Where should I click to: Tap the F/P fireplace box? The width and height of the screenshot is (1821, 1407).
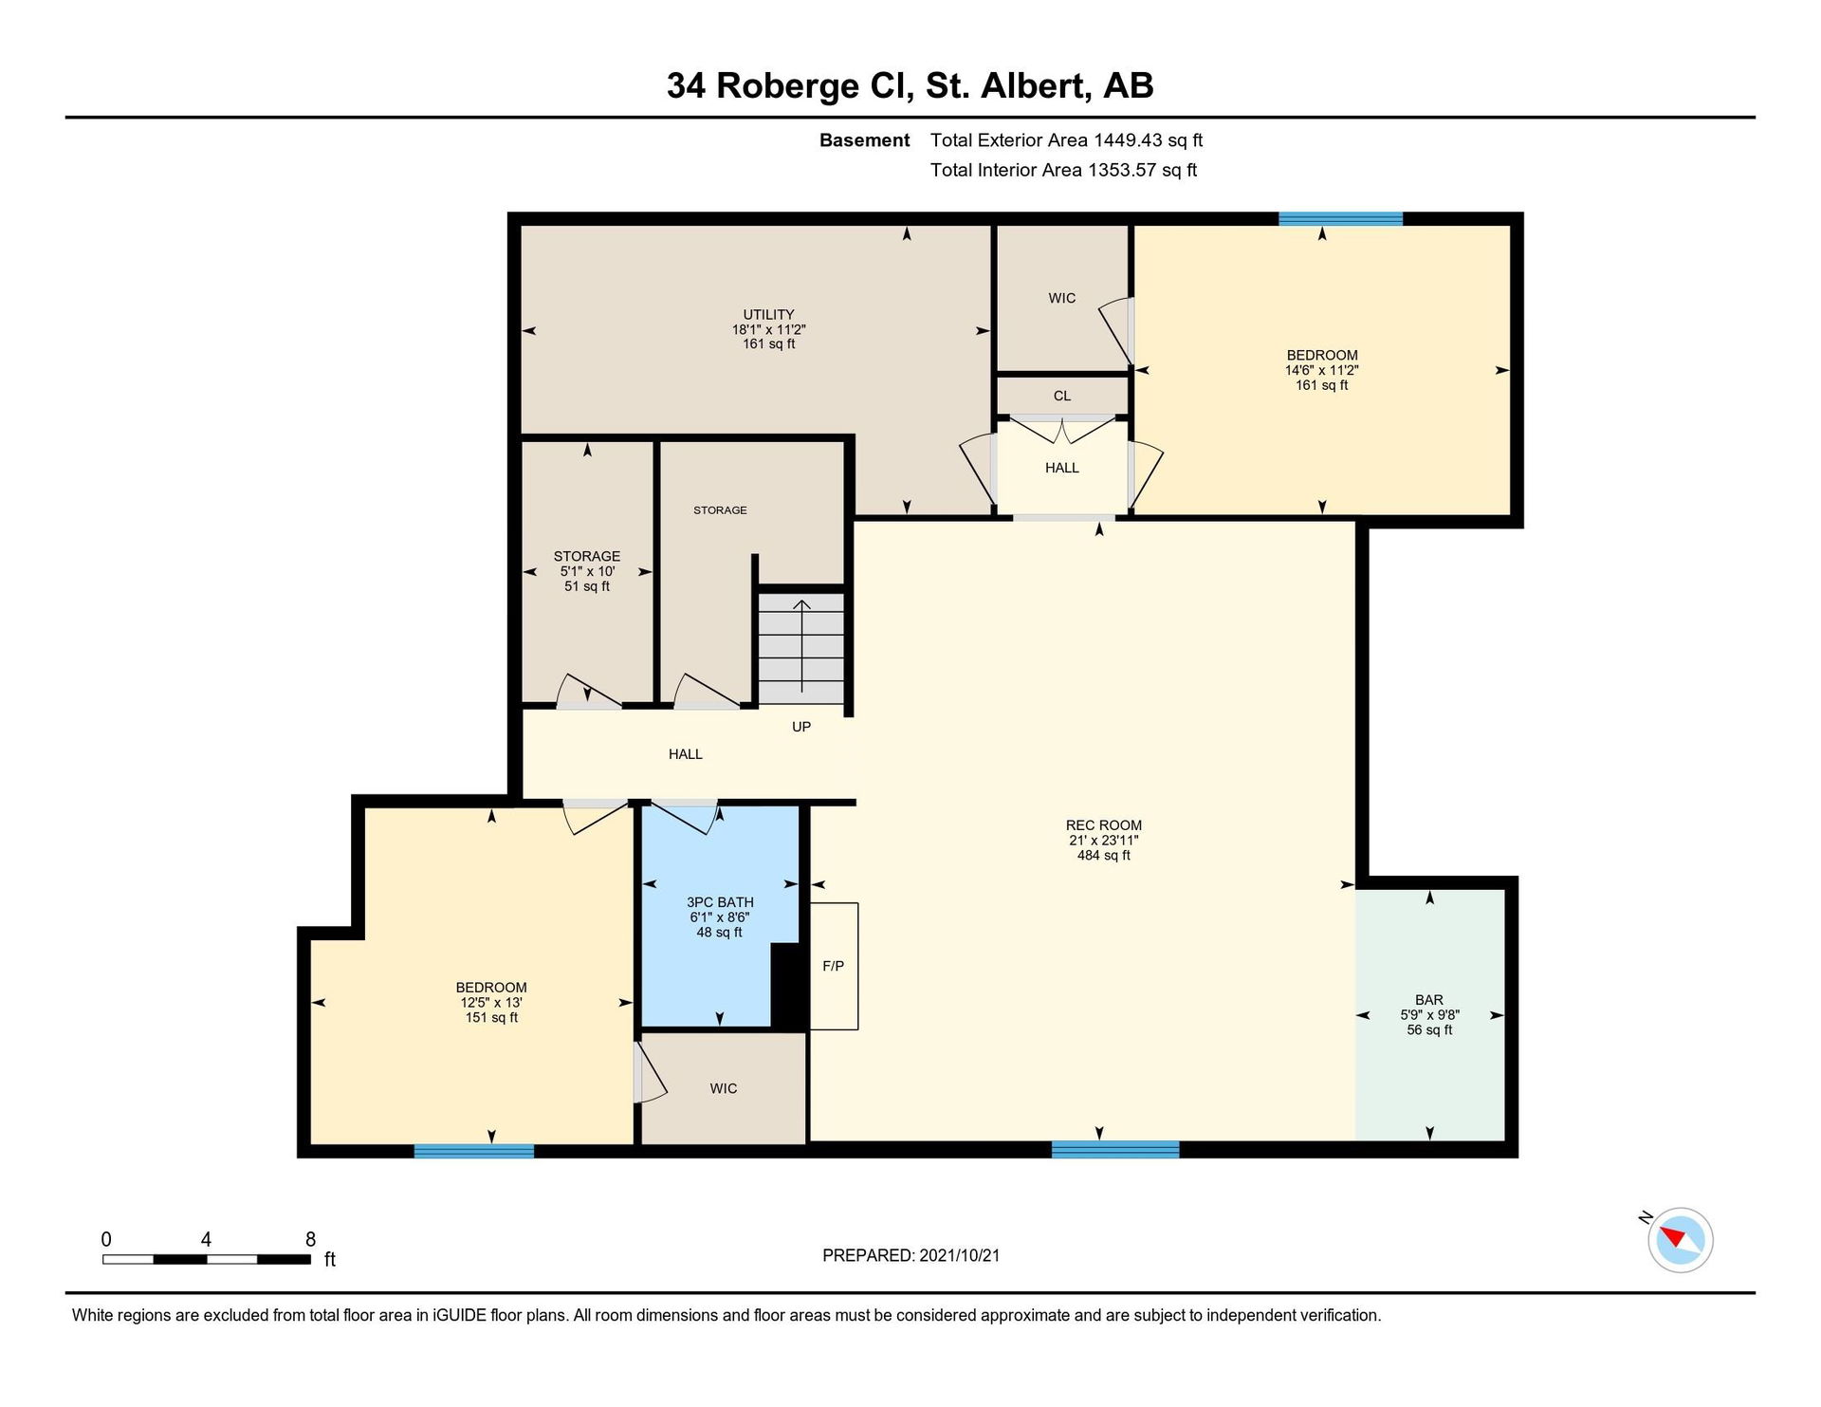pyautogui.click(x=834, y=966)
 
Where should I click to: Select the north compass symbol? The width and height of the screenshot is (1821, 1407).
pyautogui.click(x=1680, y=1239)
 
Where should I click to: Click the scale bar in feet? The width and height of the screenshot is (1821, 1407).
pyautogui.click(x=207, y=1259)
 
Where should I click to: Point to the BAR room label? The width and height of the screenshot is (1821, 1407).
pyautogui.click(x=1429, y=999)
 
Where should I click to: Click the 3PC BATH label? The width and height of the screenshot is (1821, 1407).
pyautogui.click(x=721, y=902)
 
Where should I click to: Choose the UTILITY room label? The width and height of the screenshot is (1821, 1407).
pyautogui.click(x=768, y=314)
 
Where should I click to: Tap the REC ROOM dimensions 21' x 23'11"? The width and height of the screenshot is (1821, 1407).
pyautogui.click(x=1104, y=841)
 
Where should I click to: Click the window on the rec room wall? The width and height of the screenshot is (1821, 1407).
pyautogui.click(x=1115, y=1149)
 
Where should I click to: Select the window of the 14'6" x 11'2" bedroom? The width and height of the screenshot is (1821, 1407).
pyautogui.click(x=1340, y=218)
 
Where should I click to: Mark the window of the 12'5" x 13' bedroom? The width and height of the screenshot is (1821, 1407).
pyautogui.click(x=474, y=1151)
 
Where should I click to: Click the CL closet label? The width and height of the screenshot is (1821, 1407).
pyautogui.click(x=1062, y=396)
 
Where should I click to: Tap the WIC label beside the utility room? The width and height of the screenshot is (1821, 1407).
pyautogui.click(x=1062, y=298)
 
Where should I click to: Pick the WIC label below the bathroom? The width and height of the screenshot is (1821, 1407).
pyautogui.click(x=724, y=1088)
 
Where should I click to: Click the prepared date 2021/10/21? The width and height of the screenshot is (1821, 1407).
pyautogui.click(x=960, y=1255)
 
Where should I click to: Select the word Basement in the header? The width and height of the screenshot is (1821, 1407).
pyautogui.click(x=865, y=140)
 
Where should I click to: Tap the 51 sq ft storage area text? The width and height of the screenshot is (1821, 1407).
pyautogui.click(x=587, y=586)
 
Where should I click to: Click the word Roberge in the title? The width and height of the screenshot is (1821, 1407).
pyautogui.click(x=787, y=85)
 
